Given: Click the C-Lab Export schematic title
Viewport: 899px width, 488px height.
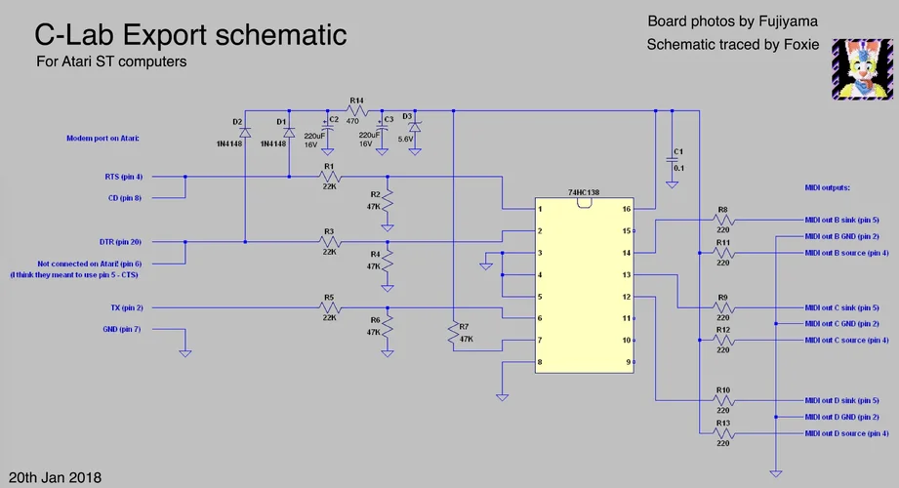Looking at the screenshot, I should point(190,36).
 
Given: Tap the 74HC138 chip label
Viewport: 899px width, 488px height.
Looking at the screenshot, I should point(583,194).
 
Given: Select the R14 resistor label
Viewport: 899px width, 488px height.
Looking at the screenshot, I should point(356,101).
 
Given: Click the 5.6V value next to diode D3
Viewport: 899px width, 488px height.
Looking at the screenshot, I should point(406,139).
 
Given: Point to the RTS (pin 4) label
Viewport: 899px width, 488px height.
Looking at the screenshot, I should point(123,178).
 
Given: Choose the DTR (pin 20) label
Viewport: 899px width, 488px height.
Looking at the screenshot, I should point(121,241).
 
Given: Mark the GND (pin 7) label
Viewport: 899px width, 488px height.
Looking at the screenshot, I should point(123,330).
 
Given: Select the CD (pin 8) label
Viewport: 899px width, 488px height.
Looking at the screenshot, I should point(125,198).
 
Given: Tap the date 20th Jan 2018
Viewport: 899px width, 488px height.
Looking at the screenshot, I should point(56,477).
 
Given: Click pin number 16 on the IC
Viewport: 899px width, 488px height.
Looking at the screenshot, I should point(626,210).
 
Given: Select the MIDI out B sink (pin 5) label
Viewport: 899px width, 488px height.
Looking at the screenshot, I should point(841,221).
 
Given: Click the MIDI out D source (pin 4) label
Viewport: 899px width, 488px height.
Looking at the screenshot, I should point(845,433).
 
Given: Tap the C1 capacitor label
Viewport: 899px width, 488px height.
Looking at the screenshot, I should point(678,152).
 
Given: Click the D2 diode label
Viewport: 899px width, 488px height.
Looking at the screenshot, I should point(237,121).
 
